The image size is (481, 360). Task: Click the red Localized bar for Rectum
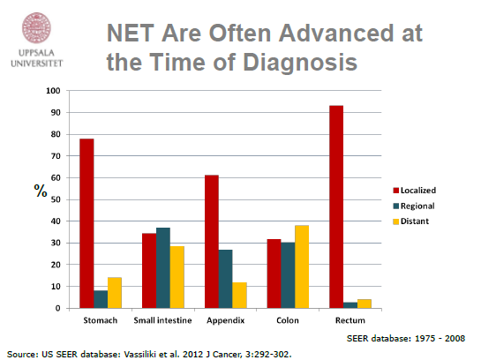tap(336, 207)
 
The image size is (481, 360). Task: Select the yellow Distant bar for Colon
tap(302, 266)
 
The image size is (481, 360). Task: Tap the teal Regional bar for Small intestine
tap(163, 268)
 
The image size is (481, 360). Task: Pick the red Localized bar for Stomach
tap(86, 223)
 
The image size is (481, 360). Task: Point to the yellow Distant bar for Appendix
tap(239, 296)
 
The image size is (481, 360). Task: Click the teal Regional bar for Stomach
tap(101, 299)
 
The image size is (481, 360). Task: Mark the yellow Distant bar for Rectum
tap(365, 304)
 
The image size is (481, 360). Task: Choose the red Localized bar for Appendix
tap(212, 242)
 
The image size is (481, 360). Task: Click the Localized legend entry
tap(415, 191)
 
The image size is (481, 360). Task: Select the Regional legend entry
tap(414, 206)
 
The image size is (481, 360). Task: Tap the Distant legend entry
tap(411, 221)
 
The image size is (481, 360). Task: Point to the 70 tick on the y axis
tap(56, 156)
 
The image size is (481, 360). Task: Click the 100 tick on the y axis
tap(53, 91)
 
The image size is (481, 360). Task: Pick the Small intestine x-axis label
tap(163, 320)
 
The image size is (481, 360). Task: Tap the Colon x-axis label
tap(288, 320)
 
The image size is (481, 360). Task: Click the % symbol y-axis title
tap(41, 191)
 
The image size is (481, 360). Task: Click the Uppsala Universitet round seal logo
tap(36, 27)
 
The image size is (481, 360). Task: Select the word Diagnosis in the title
tap(300, 63)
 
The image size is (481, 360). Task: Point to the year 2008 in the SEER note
tap(455, 338)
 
